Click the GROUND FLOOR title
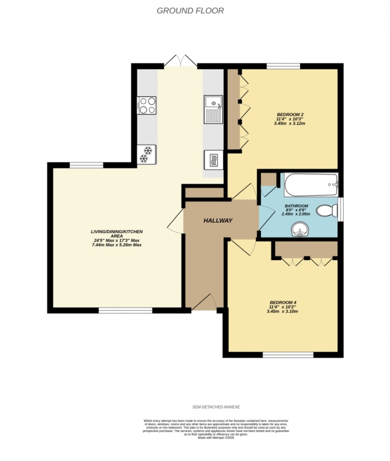point(190,11)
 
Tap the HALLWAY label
point(218,220)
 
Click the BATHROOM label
point(296,206)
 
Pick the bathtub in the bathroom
point(311,184)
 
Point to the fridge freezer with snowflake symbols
point(146,155)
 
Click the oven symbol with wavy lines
point(213,160)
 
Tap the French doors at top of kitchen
point(180,62)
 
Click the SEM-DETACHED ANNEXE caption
point(216,407)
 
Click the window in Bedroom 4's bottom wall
point(288,354)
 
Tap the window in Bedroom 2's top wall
point(283,66)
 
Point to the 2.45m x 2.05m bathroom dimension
point(296,214)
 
